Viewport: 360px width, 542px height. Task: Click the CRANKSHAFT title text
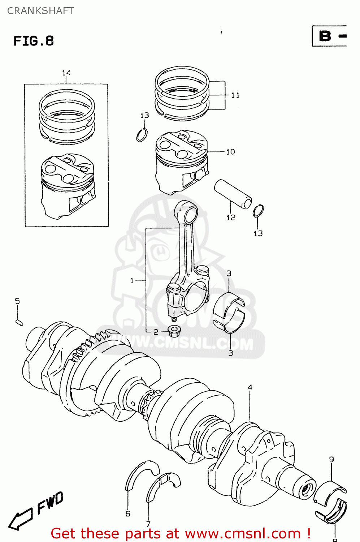coord(40,11)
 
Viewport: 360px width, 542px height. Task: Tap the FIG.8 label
coord(34,41)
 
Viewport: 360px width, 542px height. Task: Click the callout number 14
coord(66,73)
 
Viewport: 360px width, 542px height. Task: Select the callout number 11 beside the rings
coord(235,95)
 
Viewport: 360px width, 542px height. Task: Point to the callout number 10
coord(230,152)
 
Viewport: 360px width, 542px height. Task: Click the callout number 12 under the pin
coord(231,217)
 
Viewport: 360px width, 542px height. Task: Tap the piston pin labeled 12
coord(233,194)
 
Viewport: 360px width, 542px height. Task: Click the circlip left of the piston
coord(142,135)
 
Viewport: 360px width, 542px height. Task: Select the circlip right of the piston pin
coord(258,211)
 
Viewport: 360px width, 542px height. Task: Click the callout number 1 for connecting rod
coord(132,280)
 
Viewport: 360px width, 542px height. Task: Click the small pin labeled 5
coord(19,322)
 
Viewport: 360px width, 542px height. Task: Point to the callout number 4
coord(250,387)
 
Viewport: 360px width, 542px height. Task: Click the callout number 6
coord(128,513)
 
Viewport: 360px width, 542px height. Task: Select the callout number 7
coord(148,524)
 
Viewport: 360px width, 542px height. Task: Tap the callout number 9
coord(331,459)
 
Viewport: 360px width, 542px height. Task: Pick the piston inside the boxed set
coord(68,186)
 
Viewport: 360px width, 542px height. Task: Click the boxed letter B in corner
coord(325,36)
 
